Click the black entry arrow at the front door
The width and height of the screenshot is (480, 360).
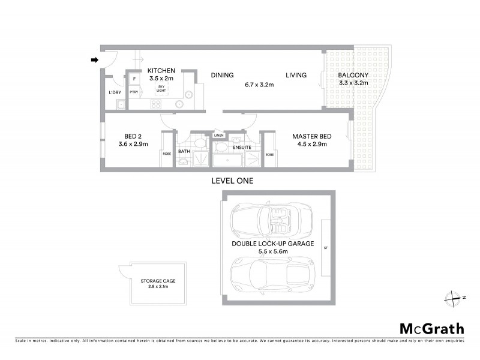click(94, 59)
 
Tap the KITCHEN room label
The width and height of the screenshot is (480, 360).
click(161, 71)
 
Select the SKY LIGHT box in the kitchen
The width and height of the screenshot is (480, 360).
click(161, 89)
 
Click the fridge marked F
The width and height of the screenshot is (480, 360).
click(134, 79)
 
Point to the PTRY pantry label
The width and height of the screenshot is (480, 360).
click(134, 92)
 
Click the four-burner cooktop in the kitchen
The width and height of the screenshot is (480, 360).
click(156, 103)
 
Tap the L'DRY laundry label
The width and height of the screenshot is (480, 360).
click(115, 92)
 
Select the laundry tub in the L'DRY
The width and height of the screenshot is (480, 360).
click(121, 104)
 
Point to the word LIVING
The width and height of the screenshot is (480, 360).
click(296, 75)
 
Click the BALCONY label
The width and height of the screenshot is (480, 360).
click(353, 75)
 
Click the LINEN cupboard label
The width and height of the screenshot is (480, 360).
click(219, 136)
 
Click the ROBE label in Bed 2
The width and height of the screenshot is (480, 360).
click(167, 154)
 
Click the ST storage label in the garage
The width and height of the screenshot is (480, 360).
click(325, 248)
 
